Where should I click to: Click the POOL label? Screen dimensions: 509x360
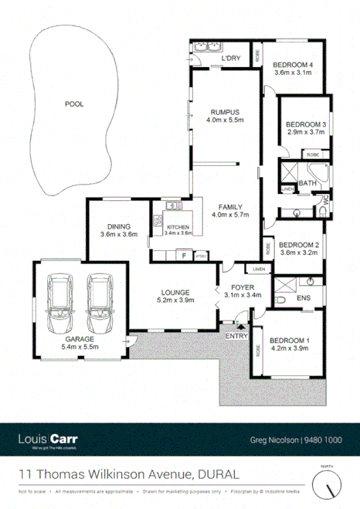74,103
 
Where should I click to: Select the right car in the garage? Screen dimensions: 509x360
99,305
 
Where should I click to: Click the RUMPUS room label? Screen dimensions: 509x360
225,111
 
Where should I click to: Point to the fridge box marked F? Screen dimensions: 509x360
184,255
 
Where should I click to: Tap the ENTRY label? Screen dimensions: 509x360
235,336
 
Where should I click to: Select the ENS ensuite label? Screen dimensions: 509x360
303,297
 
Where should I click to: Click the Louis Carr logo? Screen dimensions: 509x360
47,439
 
